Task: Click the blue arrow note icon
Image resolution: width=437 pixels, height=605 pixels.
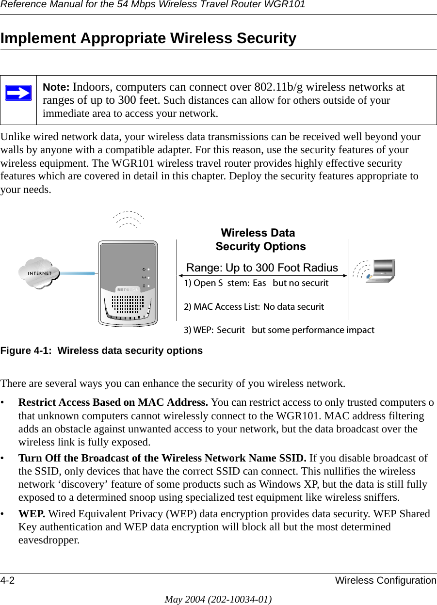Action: coord(19,93)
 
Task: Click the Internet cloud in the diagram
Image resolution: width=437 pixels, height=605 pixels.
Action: coord(39,273)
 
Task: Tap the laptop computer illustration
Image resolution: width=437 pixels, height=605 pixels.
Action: coord(380,271)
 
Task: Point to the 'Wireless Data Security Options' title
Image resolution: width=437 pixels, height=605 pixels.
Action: coord(260,239)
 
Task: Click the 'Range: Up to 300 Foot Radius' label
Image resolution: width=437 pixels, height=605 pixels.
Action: coord(262,268)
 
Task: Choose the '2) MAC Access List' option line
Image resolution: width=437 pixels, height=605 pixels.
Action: coord(254,306)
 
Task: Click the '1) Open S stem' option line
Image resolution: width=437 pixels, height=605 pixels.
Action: coord(256,283)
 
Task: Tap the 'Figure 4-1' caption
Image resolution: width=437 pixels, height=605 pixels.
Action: coord(101,350)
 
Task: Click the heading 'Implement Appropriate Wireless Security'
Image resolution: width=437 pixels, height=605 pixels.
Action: coord(148,38)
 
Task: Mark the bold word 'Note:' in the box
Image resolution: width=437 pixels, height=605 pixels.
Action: coord(57,87)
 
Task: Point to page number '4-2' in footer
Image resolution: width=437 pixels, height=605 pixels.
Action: coord(7,580)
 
